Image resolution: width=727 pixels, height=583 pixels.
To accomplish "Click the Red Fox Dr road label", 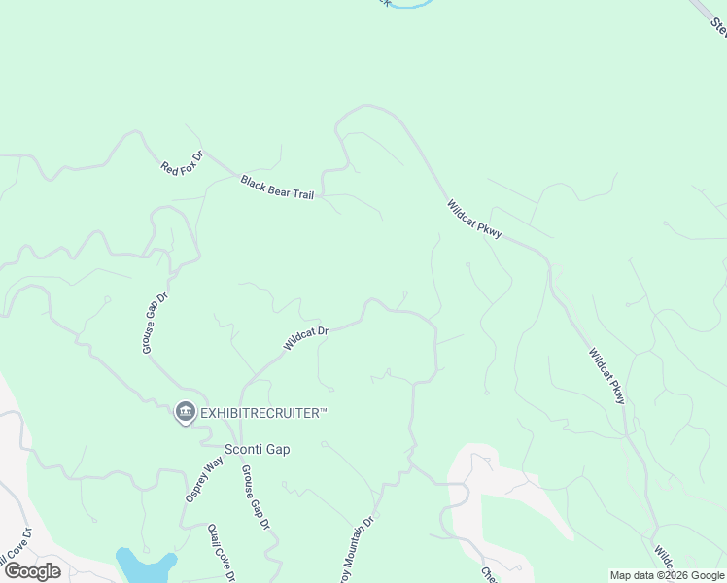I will point(183,162).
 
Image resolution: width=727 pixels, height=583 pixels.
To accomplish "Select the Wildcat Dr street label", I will point(306,338).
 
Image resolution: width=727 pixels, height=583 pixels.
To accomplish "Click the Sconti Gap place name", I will point(258,449).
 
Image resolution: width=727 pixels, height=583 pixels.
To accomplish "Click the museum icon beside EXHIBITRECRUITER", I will point(185,413).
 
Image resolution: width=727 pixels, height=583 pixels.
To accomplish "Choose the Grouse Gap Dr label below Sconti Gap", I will point(255,497).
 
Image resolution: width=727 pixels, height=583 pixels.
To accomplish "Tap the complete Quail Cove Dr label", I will point(222,552).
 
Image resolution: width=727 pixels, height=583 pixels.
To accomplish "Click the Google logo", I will point(32,570).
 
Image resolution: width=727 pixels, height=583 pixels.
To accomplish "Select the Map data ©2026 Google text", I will point(666,575).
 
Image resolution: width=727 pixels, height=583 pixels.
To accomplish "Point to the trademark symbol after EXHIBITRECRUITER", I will point(324,412).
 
